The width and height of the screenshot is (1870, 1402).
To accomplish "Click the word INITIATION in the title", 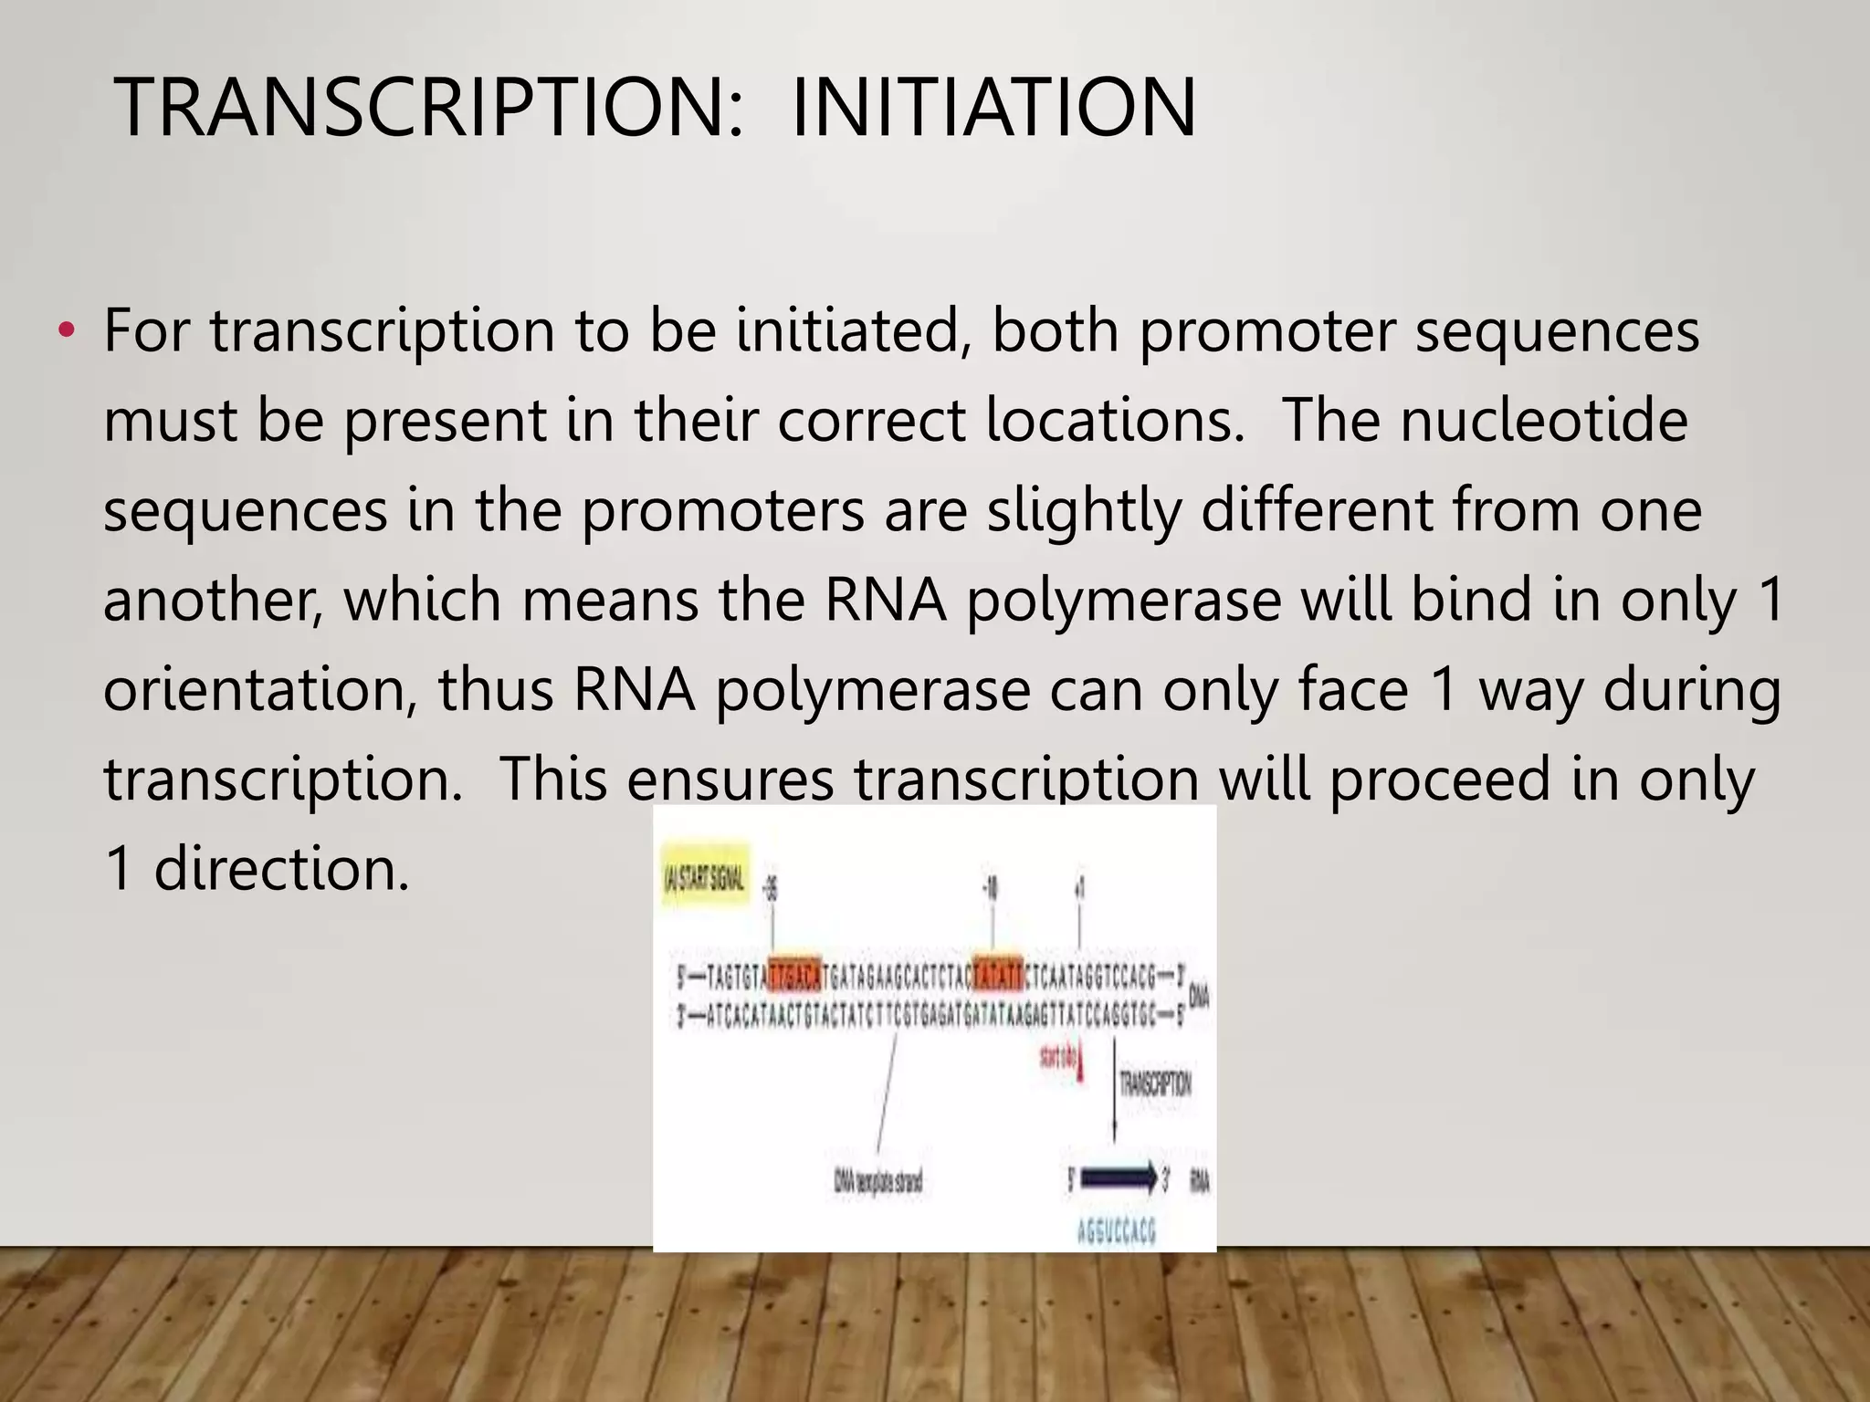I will (993, 109).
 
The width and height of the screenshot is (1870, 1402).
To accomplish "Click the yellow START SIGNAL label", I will (705, 880).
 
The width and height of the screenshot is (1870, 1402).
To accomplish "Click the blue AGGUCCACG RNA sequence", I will (1116, 1232).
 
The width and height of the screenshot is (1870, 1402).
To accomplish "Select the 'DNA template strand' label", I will (877, 1182).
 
